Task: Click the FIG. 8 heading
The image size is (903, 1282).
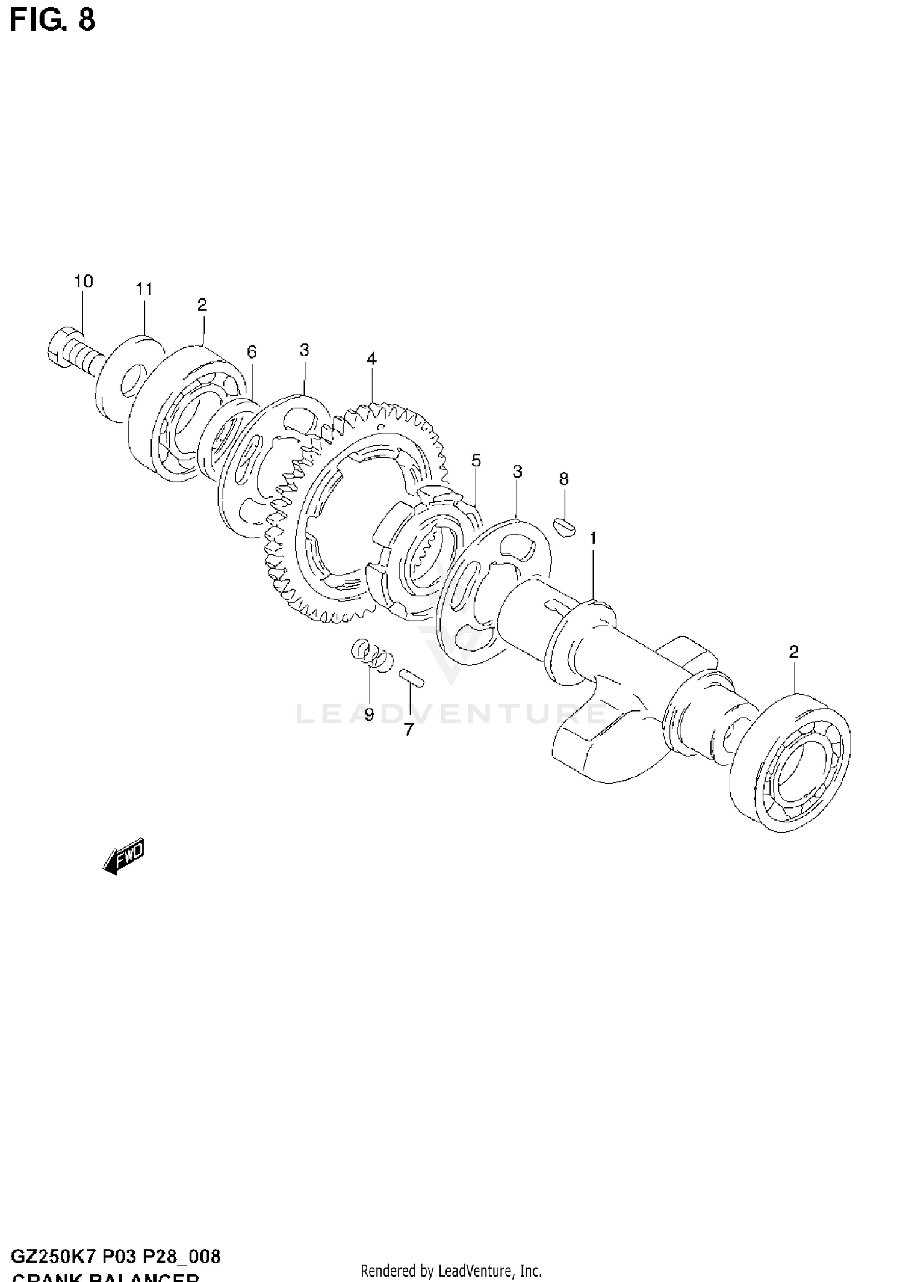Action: coord(52,19)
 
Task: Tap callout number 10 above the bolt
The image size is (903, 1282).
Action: coord(84,281)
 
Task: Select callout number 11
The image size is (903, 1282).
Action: coord(144,289)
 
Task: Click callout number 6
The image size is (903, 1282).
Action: coord(252,351)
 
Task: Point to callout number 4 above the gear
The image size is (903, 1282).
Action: coord(371,359)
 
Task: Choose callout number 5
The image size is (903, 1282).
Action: coord(476,461)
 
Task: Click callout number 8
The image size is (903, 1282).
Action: coord(563,479)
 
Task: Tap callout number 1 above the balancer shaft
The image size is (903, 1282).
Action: coord(593,538)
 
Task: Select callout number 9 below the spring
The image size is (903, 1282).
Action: coord(369,715)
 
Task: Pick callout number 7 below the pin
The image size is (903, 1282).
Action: coord(409,730)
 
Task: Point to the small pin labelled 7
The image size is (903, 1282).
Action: coord(412,677)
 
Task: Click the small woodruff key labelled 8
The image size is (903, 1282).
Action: coord(565,526)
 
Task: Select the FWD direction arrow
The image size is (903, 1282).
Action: coord(124,855)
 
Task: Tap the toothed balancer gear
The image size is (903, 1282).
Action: coord(355,511)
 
